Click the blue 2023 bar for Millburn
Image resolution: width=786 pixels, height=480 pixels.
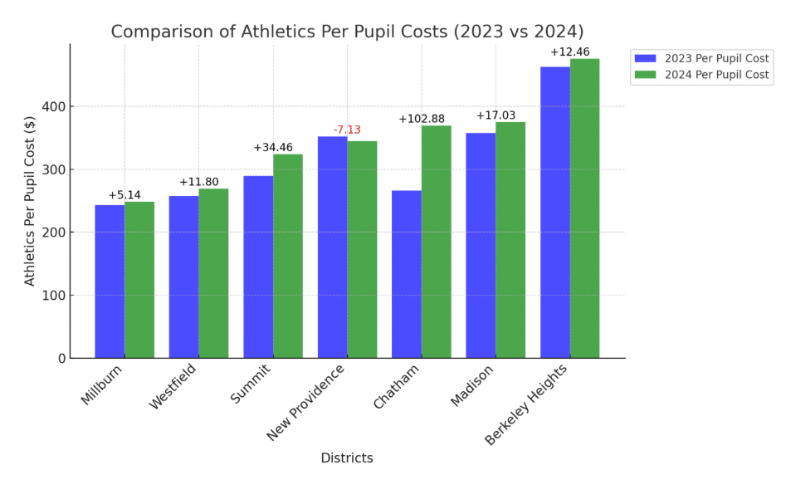[x=110, y=282]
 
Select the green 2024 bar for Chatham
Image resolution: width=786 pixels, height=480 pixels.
[x=436, y=242]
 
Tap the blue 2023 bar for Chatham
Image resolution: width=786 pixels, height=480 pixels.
[x=407, y=274]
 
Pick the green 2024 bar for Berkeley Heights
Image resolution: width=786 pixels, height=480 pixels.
[x=584, y=208]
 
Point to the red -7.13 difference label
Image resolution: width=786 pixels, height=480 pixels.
[x=347, y=130]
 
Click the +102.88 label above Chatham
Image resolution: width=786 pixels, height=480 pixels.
[x=422, y=119]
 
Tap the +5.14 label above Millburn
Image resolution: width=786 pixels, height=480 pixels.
[x=124, y=195]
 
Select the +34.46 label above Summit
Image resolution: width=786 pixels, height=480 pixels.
[x=273, y=148]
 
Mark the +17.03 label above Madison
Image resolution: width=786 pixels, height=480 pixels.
[x=496, y=115]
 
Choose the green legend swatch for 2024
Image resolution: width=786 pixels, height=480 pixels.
[x=645, y=75]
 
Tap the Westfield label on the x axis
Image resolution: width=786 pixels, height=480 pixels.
[x=173, y=386]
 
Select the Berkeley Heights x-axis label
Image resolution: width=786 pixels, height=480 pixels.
[x=526, y=404]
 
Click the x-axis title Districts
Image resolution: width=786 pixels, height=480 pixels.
[x=347, y=458]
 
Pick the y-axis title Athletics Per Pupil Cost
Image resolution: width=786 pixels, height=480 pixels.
[x=31, y=200]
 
